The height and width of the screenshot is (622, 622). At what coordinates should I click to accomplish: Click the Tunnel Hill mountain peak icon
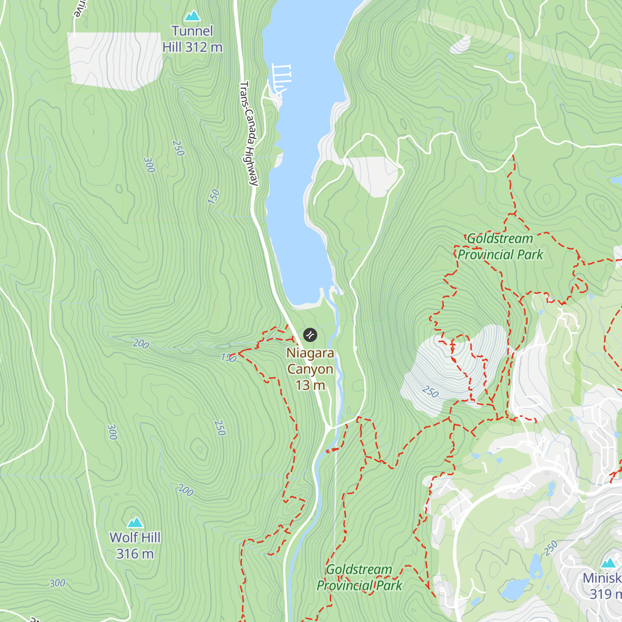pos(192,16)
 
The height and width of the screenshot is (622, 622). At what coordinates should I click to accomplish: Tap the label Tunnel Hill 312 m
pos(192,39)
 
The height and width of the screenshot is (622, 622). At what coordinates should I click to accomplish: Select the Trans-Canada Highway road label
pos(249,133)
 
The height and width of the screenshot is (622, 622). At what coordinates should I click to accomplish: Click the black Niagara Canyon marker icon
pos(309,335)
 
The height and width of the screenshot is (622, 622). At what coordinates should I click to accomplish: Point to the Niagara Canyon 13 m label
pos(310,369)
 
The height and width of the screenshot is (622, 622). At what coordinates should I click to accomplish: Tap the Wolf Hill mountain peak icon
pos(135,522)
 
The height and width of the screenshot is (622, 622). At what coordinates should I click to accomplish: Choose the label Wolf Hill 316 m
pos(135,545)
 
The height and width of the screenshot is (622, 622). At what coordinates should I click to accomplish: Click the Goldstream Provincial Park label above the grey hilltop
pos(500,247)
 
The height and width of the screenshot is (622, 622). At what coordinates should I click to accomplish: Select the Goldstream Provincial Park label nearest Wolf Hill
pos(359,577)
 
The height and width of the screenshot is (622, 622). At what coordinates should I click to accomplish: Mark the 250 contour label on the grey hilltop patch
pos(430,391)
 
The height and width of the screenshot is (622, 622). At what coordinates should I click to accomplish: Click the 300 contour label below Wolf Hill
pos(58,584)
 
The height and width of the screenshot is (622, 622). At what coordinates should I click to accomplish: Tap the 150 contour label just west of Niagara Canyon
pos(229,358)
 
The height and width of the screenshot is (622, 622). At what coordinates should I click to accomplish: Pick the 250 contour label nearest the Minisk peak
pos(551,547)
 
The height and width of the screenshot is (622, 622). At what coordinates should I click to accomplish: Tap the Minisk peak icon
pos(608,563)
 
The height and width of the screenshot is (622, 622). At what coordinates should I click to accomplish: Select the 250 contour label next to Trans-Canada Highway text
pos(178,149)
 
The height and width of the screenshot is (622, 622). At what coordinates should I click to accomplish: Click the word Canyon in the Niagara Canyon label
pos(310,369)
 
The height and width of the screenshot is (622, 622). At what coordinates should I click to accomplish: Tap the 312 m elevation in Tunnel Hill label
pos(204,47)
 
